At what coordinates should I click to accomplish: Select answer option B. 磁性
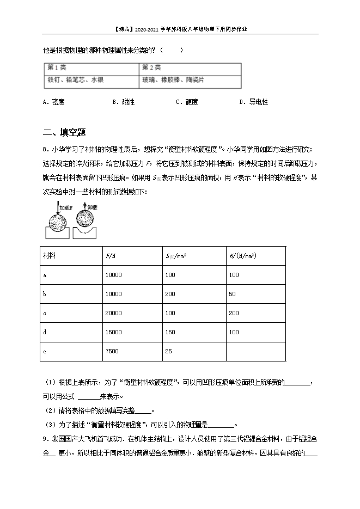pyautogui.click(x=123, y=102)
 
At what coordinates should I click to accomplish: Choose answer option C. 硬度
pyautogui.click(x=187, y=102)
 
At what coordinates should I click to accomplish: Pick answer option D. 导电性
pyautogui.click(x=254, y=102)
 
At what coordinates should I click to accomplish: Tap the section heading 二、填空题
pyautogui.click(x=64, y=132)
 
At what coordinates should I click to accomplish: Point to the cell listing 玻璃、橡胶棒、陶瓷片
pyautogui.click(x=173, y=79)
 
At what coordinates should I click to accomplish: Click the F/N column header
pyautogui.click(x=111, y=256)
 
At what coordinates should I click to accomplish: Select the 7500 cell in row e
pyautogui.click(x=112, y=351)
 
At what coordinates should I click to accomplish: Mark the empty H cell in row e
pyautogui.click(x=255, y=351)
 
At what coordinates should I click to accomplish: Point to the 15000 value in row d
pyautogui.click(x=113, y=332)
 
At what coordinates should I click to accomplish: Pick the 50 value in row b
pyautogui.click(x=232, y=294)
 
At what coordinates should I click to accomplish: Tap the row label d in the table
pyautogui.click(x=44, y=332)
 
